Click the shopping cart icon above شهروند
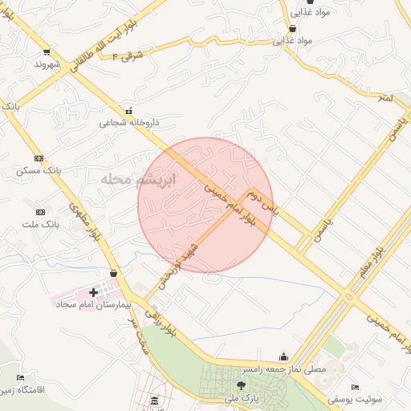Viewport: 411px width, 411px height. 40,47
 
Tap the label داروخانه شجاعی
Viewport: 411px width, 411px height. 129,124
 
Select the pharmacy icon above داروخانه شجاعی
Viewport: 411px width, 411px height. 128,110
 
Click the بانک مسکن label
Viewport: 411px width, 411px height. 39,172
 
